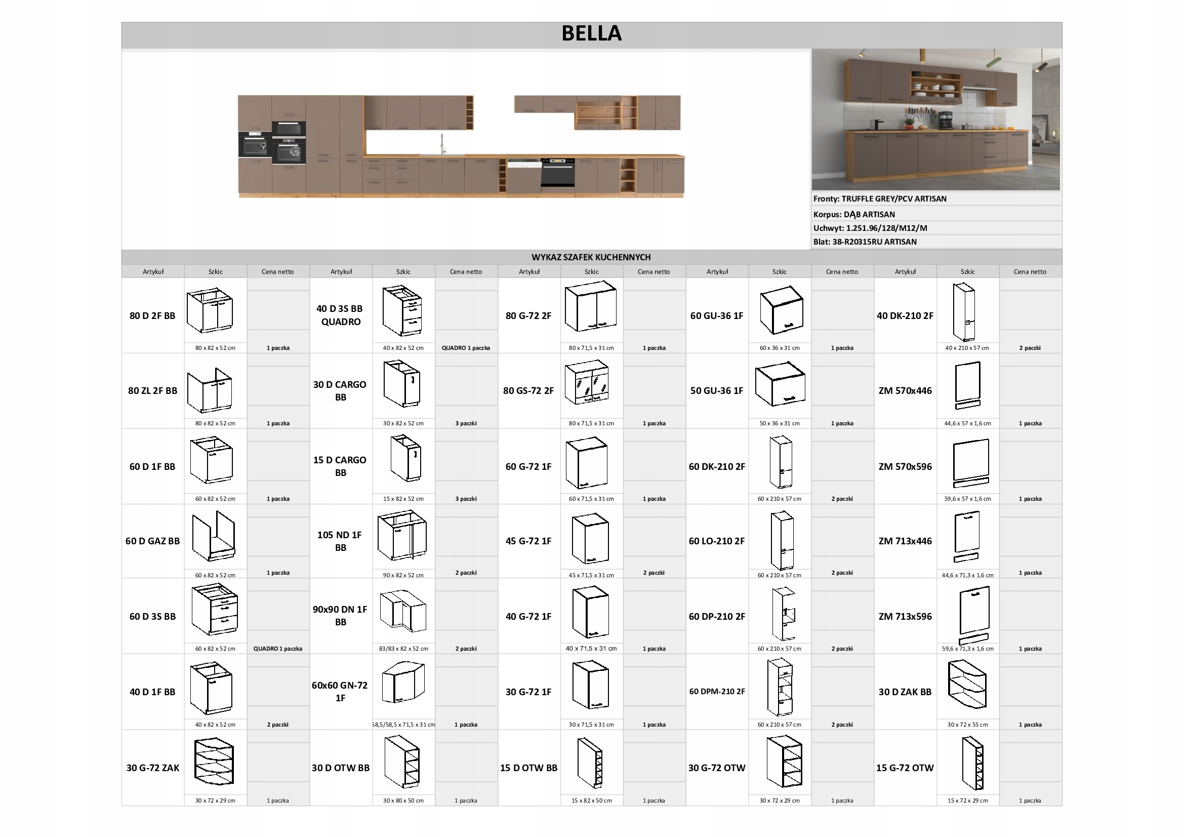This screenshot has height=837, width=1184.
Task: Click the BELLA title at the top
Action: tap(591, 33)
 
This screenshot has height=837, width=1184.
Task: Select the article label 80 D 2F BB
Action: tap(152, 315)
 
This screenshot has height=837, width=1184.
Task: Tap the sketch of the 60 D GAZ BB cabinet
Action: tap(214, 536)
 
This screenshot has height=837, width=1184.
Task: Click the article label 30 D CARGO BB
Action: tap(340, 390)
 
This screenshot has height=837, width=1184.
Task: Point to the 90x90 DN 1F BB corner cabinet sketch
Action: tap(403, 612)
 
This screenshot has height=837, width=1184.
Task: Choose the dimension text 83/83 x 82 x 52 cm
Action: tap(403, 649)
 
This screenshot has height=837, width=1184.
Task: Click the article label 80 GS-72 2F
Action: tap(528, 390)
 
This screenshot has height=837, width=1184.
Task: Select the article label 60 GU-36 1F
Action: tap(716, 315)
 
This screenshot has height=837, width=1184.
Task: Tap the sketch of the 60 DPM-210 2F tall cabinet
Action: tap(780, 688)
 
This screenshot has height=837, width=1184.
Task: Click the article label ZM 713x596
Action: tap(905, 616)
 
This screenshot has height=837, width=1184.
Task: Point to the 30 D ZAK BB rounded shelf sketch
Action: tap(967, 686)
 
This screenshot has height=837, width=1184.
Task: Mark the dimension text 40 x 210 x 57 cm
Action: tap(967, 348)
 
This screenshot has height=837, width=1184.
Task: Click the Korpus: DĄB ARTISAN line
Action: tap(854, 215)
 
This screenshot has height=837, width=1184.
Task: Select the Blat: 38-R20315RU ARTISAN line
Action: tap(865, 242)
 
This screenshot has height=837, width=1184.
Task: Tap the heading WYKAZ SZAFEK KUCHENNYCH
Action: tap(591, 257)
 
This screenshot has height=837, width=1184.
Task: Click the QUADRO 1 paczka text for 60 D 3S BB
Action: tap(277, 649)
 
